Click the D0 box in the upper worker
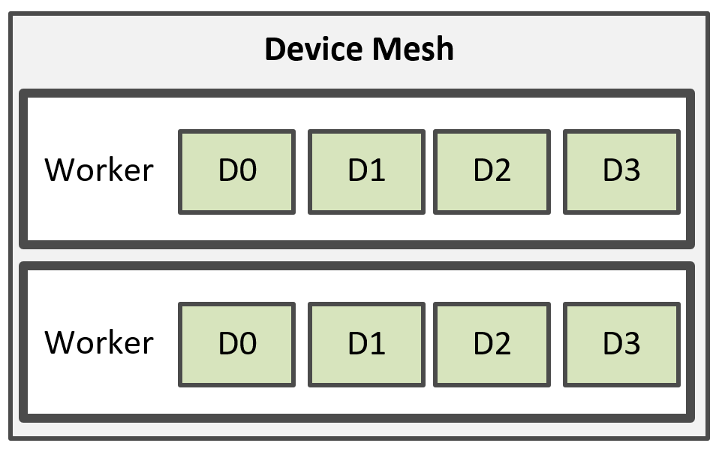236,172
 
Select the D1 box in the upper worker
366,172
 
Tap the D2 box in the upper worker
492,172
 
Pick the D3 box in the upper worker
621,172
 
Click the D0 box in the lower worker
236,345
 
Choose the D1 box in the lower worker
366,345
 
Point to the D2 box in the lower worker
492,345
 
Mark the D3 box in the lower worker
621,345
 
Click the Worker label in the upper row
99,170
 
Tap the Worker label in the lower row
99,342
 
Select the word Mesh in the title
413,49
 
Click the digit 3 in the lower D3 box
631,343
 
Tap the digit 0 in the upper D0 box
248,170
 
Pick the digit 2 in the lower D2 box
502,343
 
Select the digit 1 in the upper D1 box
377,170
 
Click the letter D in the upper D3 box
612,170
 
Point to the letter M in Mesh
387,49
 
